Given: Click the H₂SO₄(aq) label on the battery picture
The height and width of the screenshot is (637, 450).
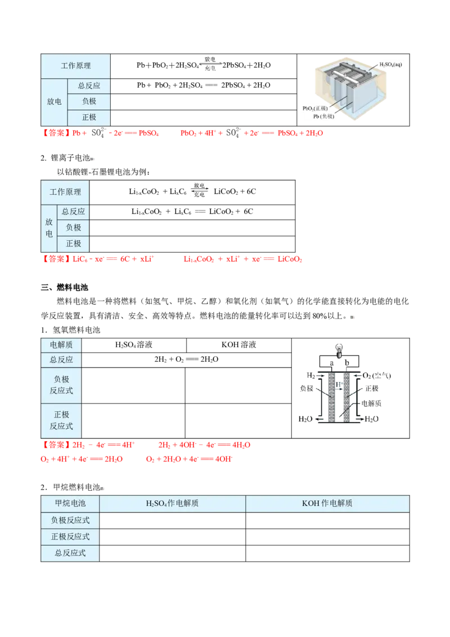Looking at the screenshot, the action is (391, 65).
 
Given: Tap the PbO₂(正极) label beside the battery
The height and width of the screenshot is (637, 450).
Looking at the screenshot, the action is (315, 109).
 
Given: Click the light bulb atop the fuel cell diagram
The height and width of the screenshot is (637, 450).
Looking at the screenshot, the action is (339, 351).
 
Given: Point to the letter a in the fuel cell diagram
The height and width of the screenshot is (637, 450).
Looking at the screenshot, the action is (332, 363).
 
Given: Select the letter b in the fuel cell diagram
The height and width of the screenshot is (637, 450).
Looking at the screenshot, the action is (347, 362).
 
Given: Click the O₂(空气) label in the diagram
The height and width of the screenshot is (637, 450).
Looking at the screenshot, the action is (376, 376).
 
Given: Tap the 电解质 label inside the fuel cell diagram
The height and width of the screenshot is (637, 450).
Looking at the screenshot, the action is (371, 403).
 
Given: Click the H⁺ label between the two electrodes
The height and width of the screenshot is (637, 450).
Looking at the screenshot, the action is (339, 384).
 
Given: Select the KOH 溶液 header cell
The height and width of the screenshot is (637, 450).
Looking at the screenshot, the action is (239, 345).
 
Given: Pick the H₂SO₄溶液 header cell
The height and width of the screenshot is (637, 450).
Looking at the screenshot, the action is (134, 345).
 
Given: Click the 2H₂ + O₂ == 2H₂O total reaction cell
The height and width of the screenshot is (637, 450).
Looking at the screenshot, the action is (186, 360).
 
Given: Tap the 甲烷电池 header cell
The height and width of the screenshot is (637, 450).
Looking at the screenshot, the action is (70, 503).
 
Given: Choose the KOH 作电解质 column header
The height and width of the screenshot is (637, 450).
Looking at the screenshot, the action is (327, 503).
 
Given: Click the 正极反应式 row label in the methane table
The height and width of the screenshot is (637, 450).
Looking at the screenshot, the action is (70, 537).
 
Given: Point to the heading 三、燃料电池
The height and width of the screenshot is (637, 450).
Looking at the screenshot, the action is (65, 287).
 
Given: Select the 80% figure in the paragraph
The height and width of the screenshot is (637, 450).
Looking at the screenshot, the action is (319, 316).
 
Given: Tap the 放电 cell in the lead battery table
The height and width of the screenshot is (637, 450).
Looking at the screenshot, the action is (54, 101).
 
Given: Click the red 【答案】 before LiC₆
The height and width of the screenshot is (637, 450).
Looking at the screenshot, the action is (56, 259).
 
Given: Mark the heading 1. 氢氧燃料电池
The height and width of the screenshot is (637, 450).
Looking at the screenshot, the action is (70, 330).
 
